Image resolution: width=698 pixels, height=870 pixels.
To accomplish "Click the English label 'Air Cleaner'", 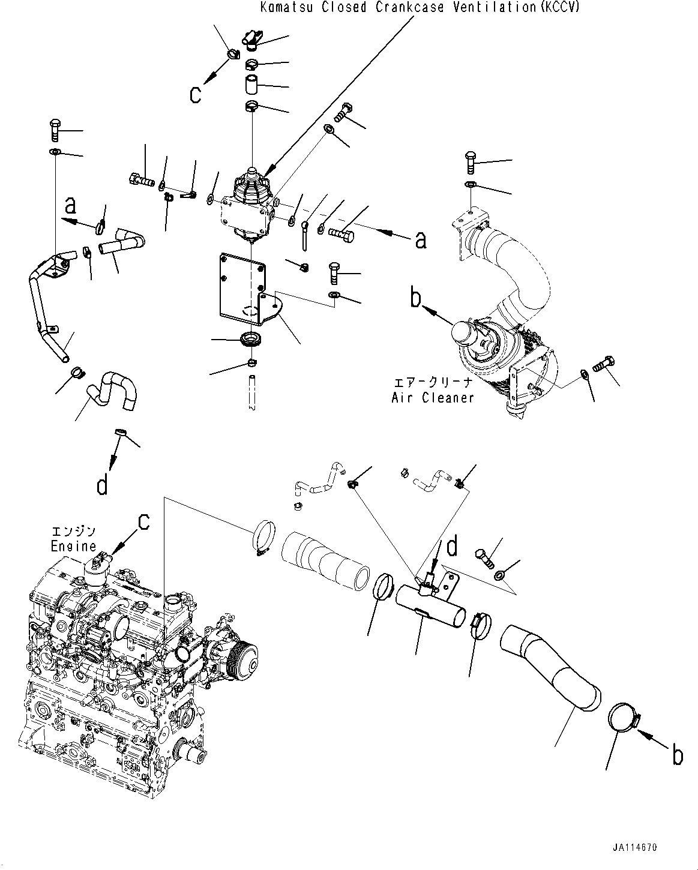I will [432, 397].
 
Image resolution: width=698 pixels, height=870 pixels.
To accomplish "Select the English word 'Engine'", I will [73, 546].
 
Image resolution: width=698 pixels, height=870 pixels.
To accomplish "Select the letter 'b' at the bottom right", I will [677, 755].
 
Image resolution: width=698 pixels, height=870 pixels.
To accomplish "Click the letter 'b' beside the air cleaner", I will [416, 298].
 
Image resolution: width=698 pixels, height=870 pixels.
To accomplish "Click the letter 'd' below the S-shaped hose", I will [103, 485].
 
